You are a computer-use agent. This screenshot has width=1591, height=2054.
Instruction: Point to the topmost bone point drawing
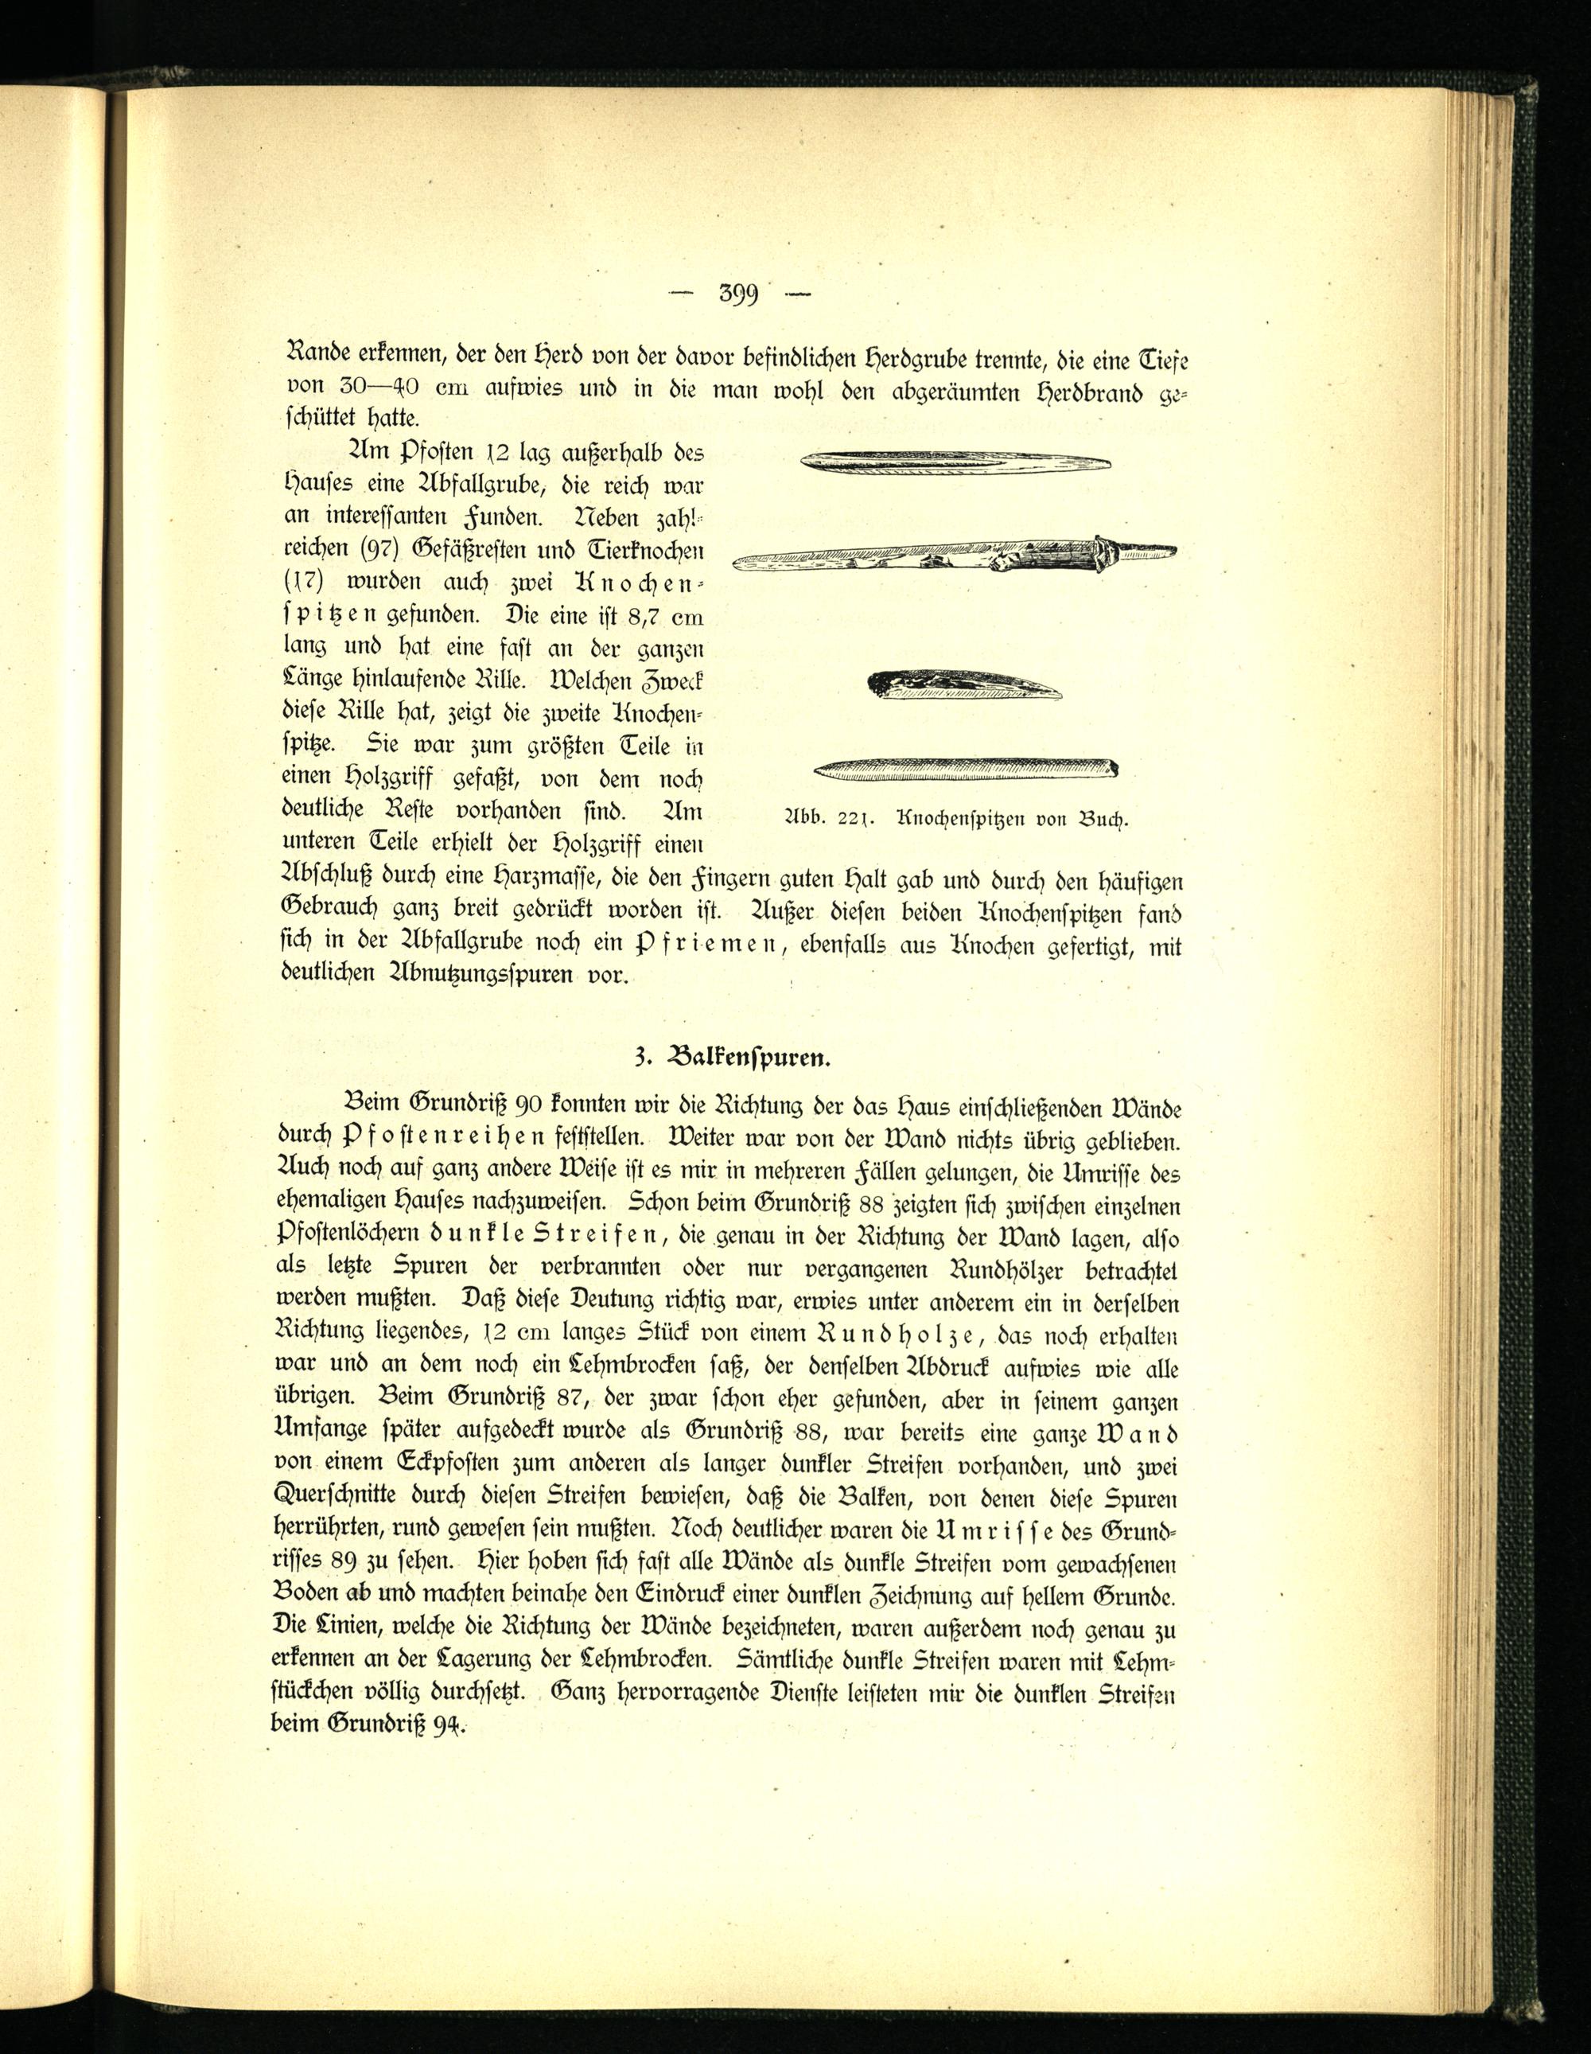click(955, 461)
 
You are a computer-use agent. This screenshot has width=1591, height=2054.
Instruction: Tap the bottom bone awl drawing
click(965, 770)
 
